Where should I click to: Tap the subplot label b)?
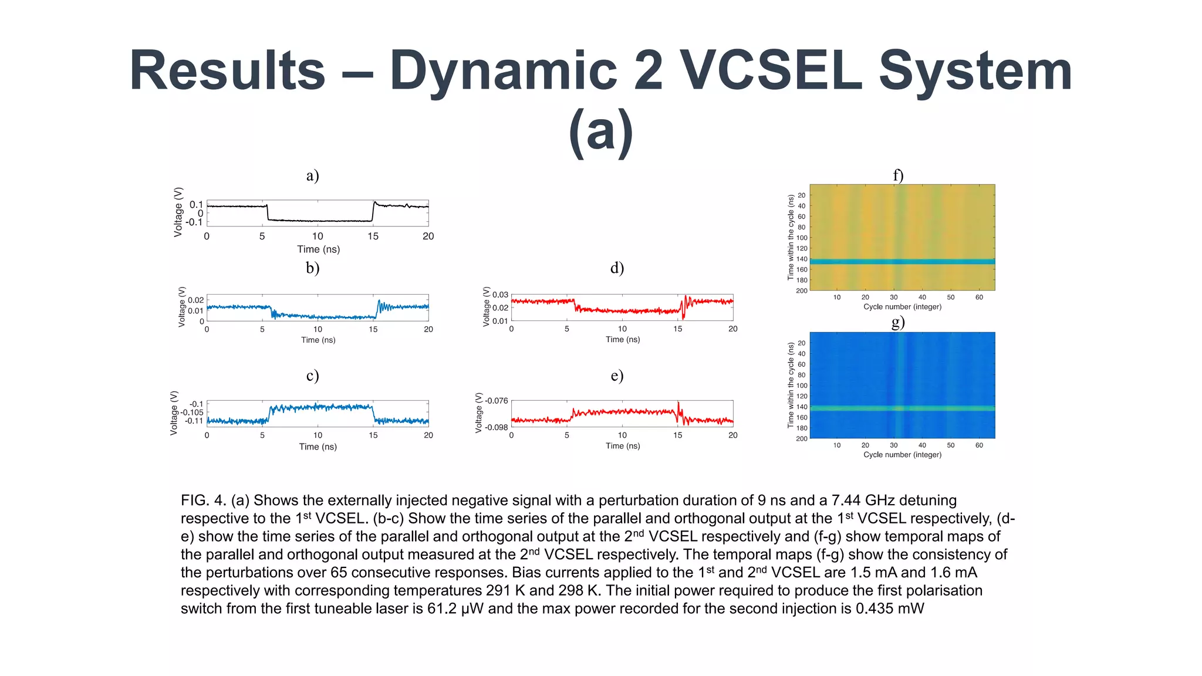[312, 268]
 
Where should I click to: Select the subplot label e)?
[617, 376]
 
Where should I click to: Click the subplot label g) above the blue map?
[897, 322]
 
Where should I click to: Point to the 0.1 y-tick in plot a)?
[196, 205]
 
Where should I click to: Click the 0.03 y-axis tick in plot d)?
[500, 295]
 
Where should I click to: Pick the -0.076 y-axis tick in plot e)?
[497, 401]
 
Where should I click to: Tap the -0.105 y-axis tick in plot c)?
[191, 413]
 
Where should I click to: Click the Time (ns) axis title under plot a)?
[318, 249]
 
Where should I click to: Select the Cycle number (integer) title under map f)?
[902, 307]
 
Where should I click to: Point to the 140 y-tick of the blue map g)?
[801, 407]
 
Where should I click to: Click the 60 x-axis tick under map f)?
[979, 298]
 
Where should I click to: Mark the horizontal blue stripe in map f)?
[902, 262]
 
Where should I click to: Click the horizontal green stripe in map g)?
[902, 408]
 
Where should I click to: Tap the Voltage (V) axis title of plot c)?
[174, 413]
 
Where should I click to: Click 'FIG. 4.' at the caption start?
[203, 501]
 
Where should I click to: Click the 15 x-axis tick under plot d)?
[677, 329]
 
